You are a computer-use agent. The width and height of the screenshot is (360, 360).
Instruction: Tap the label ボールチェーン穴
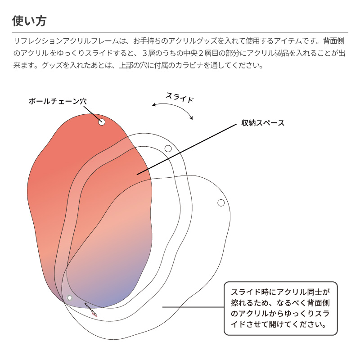tap(57, 101)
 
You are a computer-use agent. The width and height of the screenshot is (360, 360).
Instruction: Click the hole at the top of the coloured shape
tap(102, 121)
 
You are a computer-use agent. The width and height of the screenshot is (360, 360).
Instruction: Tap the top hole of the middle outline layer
tap(168, 148)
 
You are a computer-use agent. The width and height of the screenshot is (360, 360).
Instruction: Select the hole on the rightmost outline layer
tap(221, 202)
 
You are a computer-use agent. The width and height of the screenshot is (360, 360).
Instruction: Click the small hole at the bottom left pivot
tap(69, 298)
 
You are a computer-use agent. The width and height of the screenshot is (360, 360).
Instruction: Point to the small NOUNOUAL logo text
tap(90, 310)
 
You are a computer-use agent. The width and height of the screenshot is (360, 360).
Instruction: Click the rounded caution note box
tap(280, 308)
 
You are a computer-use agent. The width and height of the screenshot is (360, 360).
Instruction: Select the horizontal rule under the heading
tap(180, 32)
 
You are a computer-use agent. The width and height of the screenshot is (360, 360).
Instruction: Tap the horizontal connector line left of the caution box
tap(193, 307)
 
